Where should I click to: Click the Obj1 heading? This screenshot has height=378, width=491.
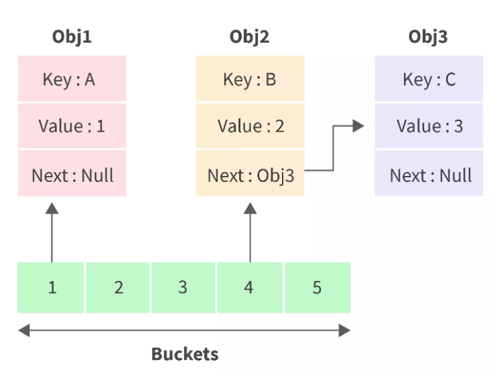72,37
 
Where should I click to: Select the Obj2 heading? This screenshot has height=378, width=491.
249,37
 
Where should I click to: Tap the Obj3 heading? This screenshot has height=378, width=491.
428,37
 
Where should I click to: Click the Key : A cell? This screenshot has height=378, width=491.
72,79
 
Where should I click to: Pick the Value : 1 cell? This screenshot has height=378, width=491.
72,126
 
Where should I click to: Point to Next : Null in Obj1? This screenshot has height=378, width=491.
72,175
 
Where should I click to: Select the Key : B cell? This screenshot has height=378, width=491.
250,79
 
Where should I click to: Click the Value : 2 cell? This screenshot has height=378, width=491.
250,126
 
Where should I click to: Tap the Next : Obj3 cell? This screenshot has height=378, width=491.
250,175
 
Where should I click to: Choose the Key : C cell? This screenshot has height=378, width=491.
429,79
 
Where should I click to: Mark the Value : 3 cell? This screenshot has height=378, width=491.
429,126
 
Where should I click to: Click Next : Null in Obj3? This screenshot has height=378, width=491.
429,175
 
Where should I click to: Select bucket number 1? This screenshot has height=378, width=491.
51,288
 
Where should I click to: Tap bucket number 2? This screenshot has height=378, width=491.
118,288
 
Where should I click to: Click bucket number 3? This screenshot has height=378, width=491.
183,288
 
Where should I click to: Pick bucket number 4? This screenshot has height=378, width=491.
249,288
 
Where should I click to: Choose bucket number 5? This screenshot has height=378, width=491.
317,288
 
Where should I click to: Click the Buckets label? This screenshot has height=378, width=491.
184,354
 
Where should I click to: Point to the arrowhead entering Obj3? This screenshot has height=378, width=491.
358,126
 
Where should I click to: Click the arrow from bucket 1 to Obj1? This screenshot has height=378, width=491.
52,234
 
